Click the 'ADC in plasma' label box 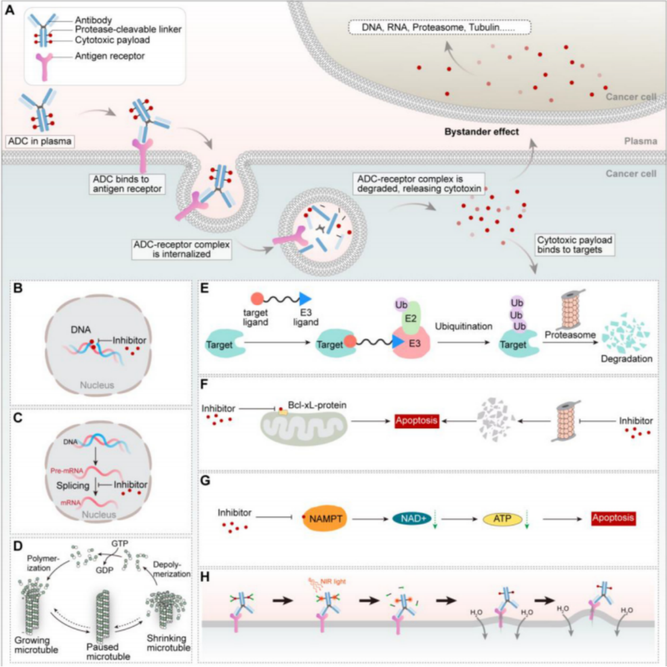coord(39,142)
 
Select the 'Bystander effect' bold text coord(481,132)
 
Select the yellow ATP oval coord(499,518)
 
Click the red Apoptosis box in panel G coord(613,517)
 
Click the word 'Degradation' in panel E coord(626,359)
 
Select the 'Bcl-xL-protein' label coord(318,405)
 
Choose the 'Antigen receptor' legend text coord(110,56)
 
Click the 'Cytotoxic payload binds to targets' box coord(575,245)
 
